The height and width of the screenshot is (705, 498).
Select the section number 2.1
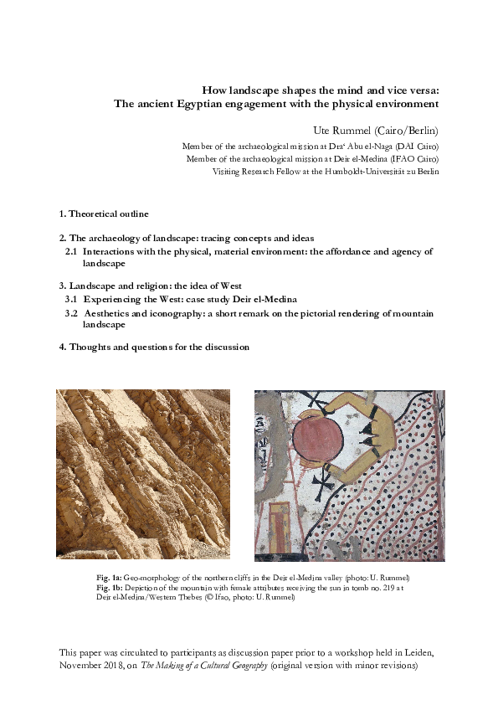pyautogui.click(x=72, y=251)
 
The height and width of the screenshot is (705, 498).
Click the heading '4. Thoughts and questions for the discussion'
pyautogui.click(x=154, y=347)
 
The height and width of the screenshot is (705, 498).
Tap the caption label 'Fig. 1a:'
pyautogui.click(x=109, y=579)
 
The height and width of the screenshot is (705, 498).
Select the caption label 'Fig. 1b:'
pyautogui.click(x=109, y=588)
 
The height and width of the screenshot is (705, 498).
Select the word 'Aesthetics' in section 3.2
pyautogui.click(x=111, y=312)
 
